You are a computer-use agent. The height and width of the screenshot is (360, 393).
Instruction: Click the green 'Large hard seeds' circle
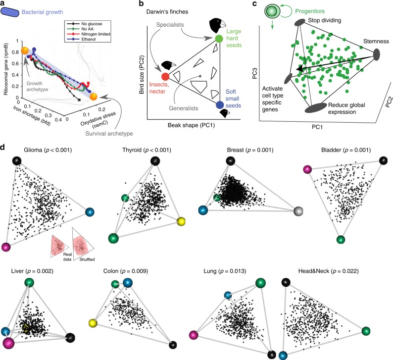(x=219, y=39)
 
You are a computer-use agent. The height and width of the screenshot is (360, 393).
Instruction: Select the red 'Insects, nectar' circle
(x=165, y=77)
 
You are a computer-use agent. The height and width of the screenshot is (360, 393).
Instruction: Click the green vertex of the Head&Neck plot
(x=366, y=331)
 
